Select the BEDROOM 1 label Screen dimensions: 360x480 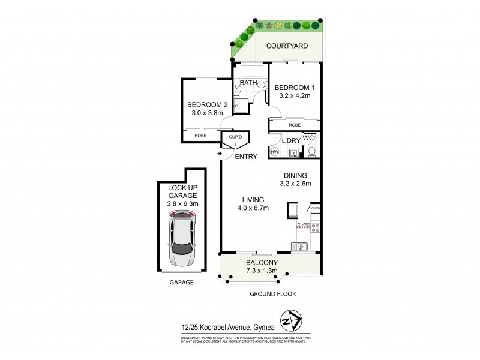(294, 88)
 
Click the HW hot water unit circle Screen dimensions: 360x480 (275, 152)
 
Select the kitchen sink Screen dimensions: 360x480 (299, 245)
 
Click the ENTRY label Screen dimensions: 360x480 (246, 157)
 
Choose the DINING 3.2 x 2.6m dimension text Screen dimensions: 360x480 (300, 184)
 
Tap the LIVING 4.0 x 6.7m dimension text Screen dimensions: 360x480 (252, 208)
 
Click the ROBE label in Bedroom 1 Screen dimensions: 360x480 (294, 125)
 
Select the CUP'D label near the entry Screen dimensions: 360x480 (235, 137)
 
